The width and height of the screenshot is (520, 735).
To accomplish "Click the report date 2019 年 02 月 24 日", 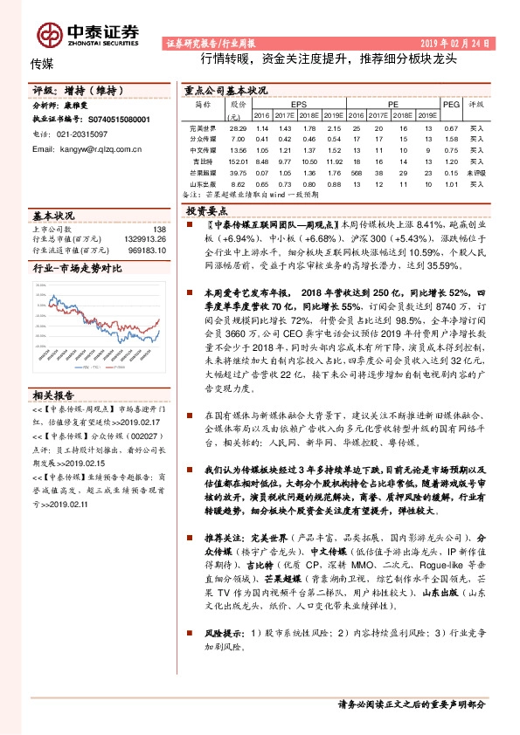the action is point(457,43).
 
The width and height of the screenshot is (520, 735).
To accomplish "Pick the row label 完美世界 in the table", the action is point(202,127).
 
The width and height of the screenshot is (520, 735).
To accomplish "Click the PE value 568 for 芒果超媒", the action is point(355,172).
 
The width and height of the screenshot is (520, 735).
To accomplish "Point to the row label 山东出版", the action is point(202,183).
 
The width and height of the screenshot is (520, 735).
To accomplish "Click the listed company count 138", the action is point(159,228).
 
